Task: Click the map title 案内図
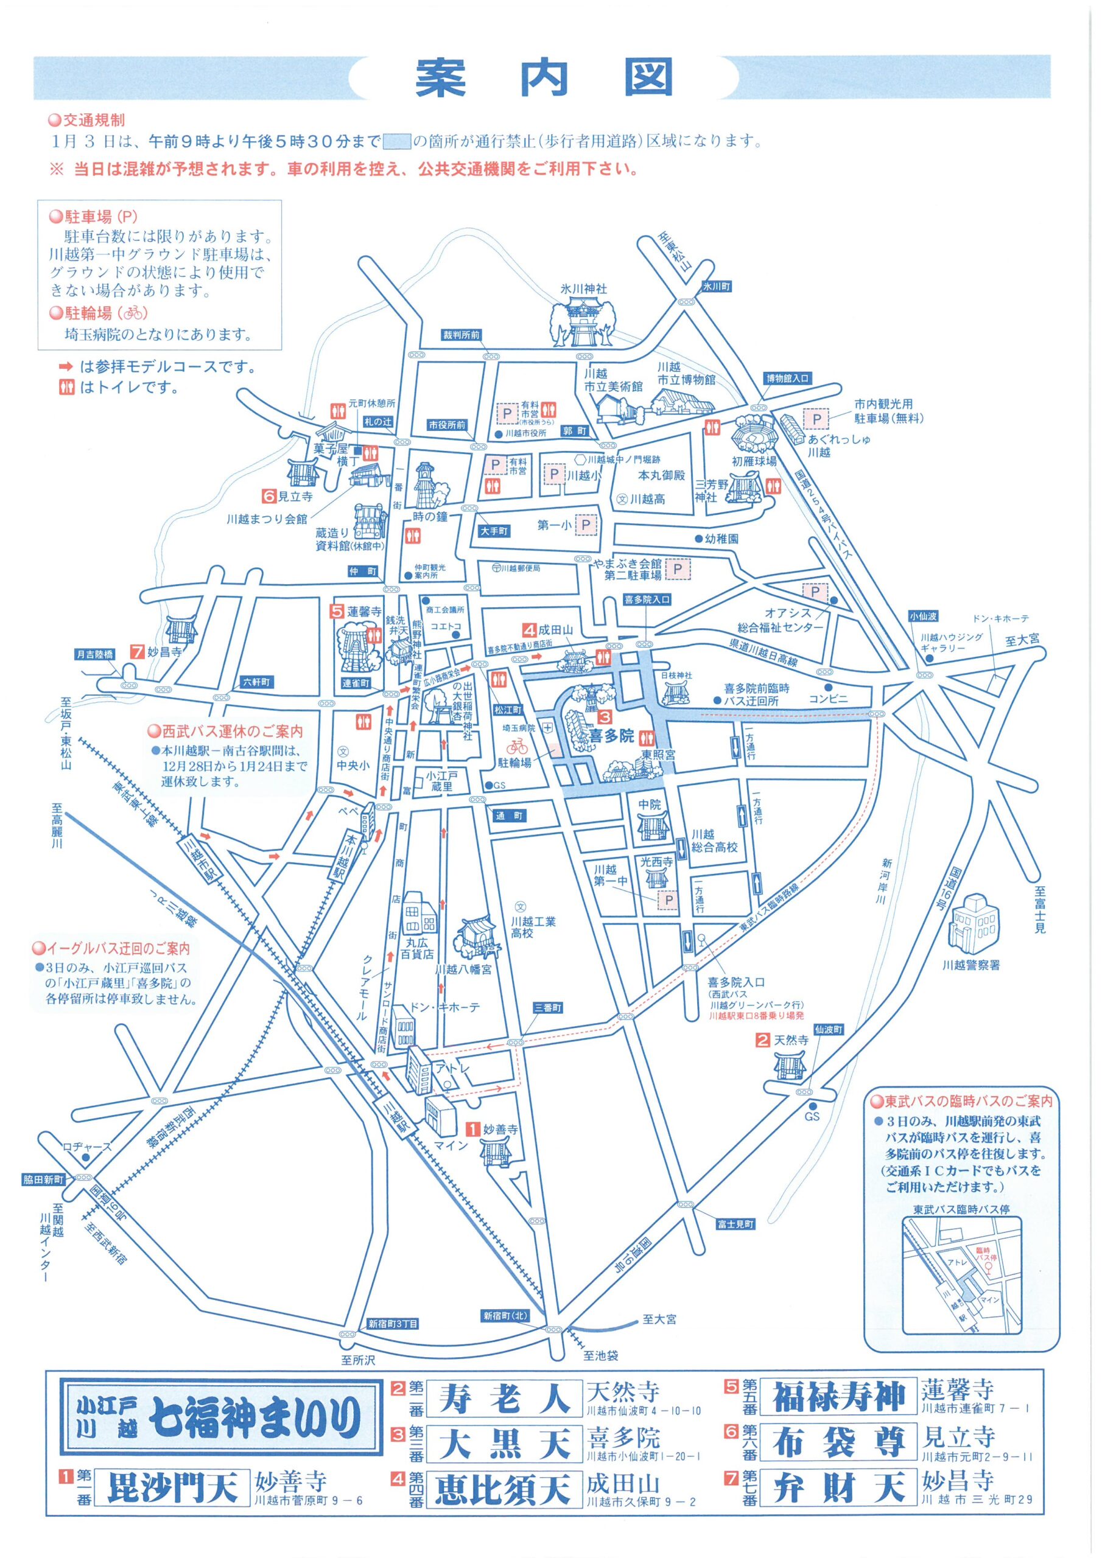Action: pyautogui.click(x=543, y=77)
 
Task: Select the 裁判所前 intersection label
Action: pyautogui.click(x=461, y=335)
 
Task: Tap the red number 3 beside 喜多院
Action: pyautogui.click(x=603, y=716)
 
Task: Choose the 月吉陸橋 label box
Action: pyautogui.click(x=95, y=654)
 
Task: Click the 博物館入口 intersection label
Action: pyautogui.click(x=788, y=379)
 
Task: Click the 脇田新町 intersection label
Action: pyautogui.click(x=43, y=1180)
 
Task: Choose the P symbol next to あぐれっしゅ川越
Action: pyautogui.click(x=817, y=419)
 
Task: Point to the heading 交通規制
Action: pyautogui.click(x=94, y=121)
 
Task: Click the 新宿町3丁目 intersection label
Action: pyautogui.click(x=393, y=1323)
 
